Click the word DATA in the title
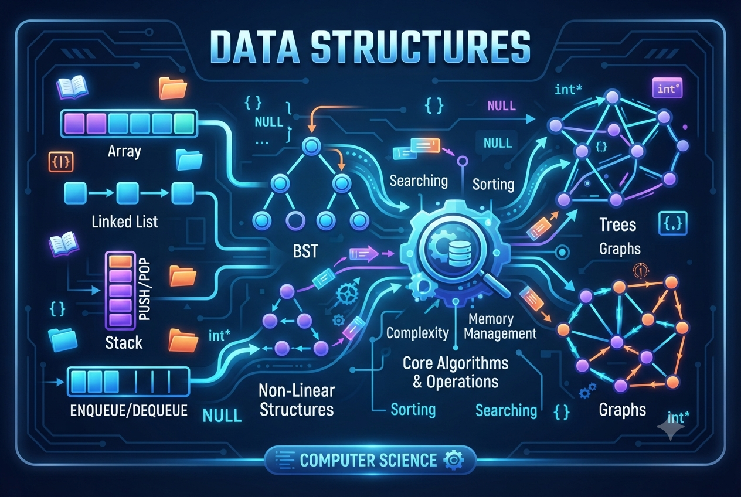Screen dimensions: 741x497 point(254,47)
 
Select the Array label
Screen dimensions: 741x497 point(125,151)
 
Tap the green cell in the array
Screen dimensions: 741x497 point(184,123)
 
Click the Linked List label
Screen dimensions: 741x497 point(125,221)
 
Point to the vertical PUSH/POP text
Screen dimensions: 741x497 point(145,290)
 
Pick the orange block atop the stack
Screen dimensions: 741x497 point(120,261)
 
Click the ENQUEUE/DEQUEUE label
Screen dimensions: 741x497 point(129,410)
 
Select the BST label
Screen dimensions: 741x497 point(305,251)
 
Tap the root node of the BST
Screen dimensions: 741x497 point(311,146)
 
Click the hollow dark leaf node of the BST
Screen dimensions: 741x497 point(295,220)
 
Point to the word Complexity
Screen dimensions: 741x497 point(417,333)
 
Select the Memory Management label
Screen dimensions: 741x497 point(500,326)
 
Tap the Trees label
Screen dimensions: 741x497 point(618,225)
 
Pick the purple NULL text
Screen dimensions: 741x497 point(501,106)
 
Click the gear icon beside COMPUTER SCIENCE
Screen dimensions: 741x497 point(454,460)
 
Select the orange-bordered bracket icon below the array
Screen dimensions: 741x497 point(61,162)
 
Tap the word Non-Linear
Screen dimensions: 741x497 point(297,390)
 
